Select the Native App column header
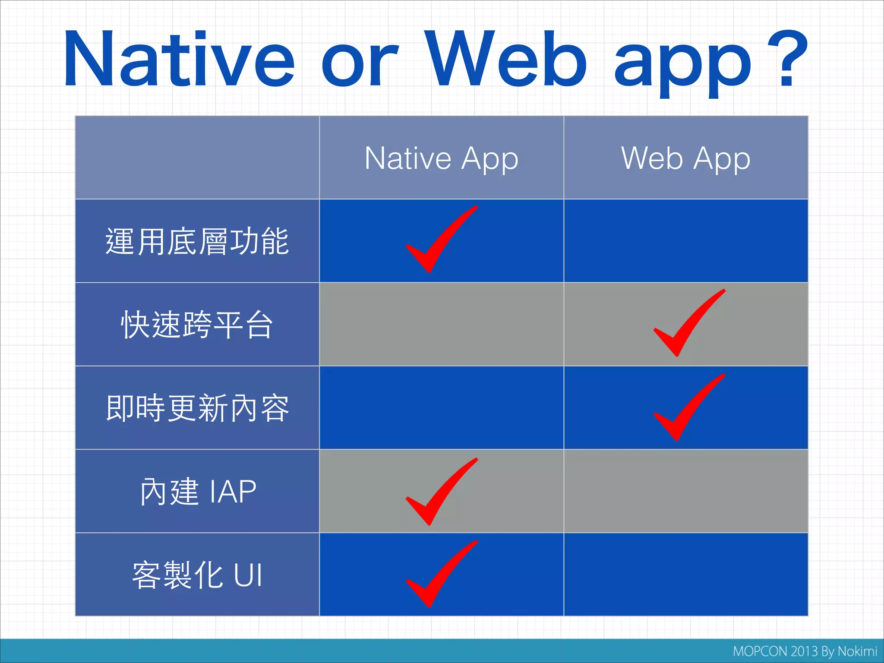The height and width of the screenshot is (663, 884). [441, 158]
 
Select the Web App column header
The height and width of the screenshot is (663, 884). [685, 158]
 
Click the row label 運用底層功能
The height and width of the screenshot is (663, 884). [197, 241]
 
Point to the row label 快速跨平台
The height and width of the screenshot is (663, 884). [197, 325]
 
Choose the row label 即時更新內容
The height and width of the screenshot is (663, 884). [197, 408]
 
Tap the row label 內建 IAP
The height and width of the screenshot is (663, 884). [198, 491]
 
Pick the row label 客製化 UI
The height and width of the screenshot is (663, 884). [197, 575]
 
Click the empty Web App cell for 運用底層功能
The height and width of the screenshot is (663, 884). [685, 241]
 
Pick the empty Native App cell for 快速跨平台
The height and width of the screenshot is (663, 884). [441, 324]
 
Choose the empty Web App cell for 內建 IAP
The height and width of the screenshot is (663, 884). [685, 491]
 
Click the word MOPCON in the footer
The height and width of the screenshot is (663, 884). [760, 651]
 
